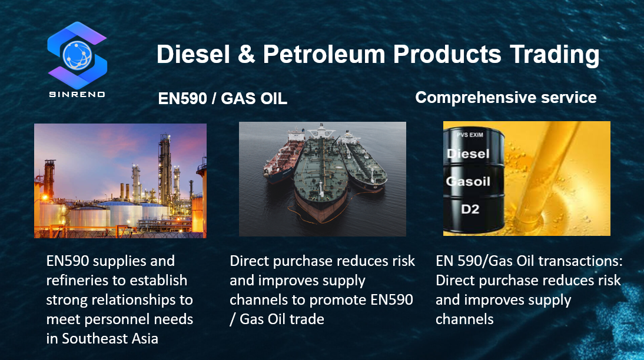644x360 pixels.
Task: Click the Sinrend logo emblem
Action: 77,55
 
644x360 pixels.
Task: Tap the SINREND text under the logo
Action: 77,95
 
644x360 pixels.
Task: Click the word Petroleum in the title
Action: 324,54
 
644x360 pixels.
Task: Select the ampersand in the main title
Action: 246,54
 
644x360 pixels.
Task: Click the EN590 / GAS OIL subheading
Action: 223,98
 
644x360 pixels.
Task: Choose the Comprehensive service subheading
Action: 506,98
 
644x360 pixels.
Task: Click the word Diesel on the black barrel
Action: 468,154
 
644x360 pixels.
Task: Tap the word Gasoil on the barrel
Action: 468,181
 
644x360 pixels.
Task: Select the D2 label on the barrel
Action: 470,209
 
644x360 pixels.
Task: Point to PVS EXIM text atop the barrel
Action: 470,134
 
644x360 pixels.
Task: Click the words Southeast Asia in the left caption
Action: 110,339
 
